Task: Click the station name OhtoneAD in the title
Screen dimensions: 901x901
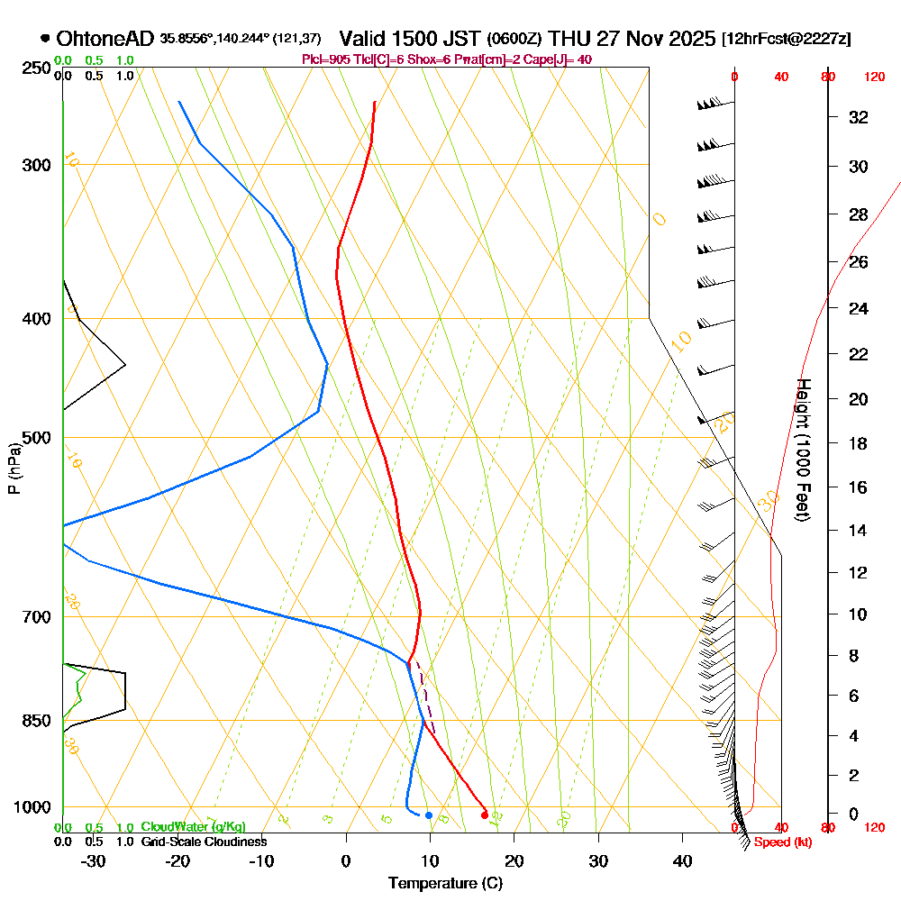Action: pyautogui.click(x=105, y=39)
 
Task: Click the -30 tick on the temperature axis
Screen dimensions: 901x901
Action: pyautogui.click(x=94, y=861)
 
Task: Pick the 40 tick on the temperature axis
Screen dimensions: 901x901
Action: pyautogui.click(x=682, y=861)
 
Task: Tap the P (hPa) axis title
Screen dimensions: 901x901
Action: pyautogui.click(x=14, y=469)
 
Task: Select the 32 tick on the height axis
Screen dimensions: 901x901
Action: pyautogui.click(x=859, y=117)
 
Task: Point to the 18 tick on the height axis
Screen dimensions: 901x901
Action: pyautogui.click(x=859, y=443)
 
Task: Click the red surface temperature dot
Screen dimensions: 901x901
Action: pyautogui.click(x=485, y=815)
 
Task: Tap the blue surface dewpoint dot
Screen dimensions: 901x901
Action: pyautogui.click(x=429, y=815)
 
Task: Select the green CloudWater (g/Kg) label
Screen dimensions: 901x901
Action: pyautogui.click(x=193, y=827)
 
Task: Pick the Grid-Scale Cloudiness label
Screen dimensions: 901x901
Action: pyautogui.click(x=203, y=842)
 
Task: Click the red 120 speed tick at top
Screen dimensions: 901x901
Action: pyautogui.click(x=874, y=77)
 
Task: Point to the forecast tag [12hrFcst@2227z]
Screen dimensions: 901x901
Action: pyautogui.click(x=787, y=39)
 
